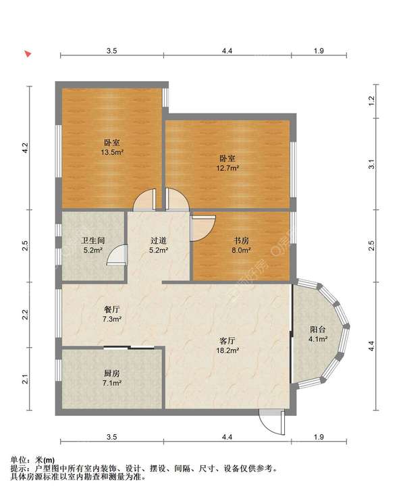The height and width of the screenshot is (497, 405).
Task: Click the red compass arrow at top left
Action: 28,54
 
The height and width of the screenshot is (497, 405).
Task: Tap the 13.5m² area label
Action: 112,153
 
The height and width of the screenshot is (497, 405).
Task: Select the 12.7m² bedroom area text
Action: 227,168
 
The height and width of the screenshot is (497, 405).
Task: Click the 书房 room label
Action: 242,240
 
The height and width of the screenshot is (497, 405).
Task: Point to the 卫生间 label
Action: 93,240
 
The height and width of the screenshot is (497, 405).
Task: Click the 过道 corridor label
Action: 159,240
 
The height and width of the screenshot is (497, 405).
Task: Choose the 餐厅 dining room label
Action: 112,309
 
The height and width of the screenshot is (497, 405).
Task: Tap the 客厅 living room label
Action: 227,341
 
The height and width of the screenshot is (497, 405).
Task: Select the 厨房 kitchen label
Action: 112,373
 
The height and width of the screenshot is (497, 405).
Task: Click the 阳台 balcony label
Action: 318,330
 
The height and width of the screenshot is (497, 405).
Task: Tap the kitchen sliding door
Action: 129,348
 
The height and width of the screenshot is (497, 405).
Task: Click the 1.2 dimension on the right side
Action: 372,101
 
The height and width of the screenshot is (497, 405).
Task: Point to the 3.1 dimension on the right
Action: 372,165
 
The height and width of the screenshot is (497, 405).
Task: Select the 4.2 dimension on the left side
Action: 26,147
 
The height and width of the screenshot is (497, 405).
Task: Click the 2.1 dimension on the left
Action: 26,379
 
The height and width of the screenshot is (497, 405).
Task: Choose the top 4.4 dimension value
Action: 227,51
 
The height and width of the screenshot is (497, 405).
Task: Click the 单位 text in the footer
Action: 18,460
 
